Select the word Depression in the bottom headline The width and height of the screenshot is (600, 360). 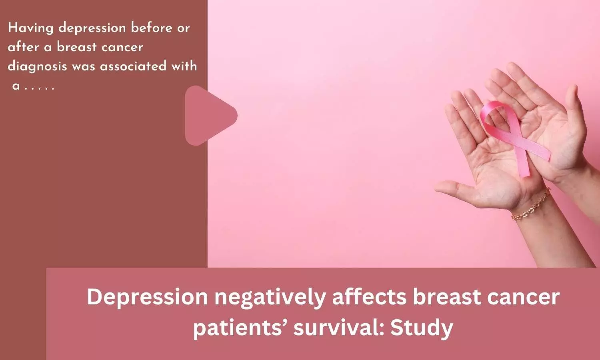[x=147, y=297]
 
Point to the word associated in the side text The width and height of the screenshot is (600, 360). [x=133, y=66]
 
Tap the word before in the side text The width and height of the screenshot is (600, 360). [x=151, y=28]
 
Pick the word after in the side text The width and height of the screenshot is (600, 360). [x=24, y=47]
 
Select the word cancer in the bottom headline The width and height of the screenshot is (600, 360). [x=523, y=297]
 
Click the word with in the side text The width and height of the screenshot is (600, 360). [x=184, y=66]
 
